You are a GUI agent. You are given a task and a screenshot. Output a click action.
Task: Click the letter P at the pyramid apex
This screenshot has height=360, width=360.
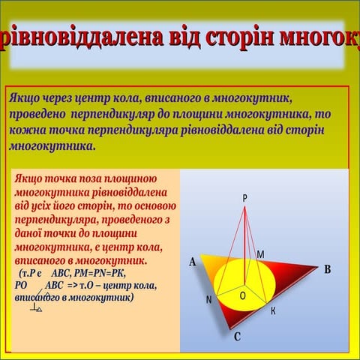(244, 197)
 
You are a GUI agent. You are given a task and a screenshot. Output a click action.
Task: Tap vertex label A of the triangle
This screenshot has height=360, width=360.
(193, 262)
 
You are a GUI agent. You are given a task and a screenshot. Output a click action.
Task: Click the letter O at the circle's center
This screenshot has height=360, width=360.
(242, 296)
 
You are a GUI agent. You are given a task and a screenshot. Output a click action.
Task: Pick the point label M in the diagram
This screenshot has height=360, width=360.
(260, 255)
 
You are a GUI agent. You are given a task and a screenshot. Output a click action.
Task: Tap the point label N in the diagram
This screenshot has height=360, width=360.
(208, 300)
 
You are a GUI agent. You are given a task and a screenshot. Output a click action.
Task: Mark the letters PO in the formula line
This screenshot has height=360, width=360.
(20, 286)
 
